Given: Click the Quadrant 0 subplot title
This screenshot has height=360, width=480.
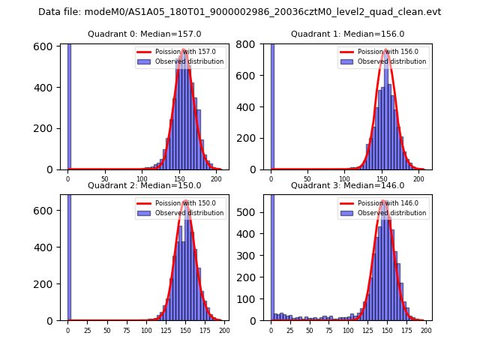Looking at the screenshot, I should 144,34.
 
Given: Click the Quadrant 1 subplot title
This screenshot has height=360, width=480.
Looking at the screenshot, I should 347,34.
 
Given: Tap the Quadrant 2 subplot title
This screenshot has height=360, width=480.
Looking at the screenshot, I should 144,185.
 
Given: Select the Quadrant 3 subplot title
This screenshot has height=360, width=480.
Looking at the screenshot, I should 347,185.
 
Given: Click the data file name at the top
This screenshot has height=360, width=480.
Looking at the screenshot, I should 240,12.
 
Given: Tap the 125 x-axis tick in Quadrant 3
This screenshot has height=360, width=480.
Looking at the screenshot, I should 367,330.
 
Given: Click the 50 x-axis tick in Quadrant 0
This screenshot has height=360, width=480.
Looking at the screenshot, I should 104,179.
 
